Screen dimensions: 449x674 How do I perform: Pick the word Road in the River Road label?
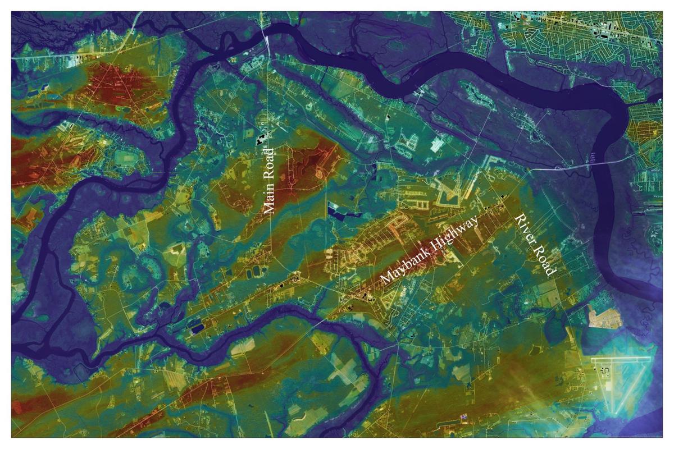pyautogui.click(x=544, y=260)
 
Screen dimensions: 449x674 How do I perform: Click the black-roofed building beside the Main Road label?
pyautogui.click(x=259, y=136)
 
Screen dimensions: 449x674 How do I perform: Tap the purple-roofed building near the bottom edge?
pyautogui.click(x=464, y=418)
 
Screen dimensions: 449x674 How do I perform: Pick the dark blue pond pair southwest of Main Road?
pyautogui.click(x=197, y=327)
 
